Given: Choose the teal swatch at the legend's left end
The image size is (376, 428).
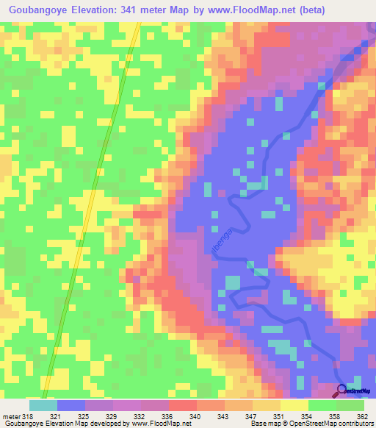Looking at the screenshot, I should (43, 405).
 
